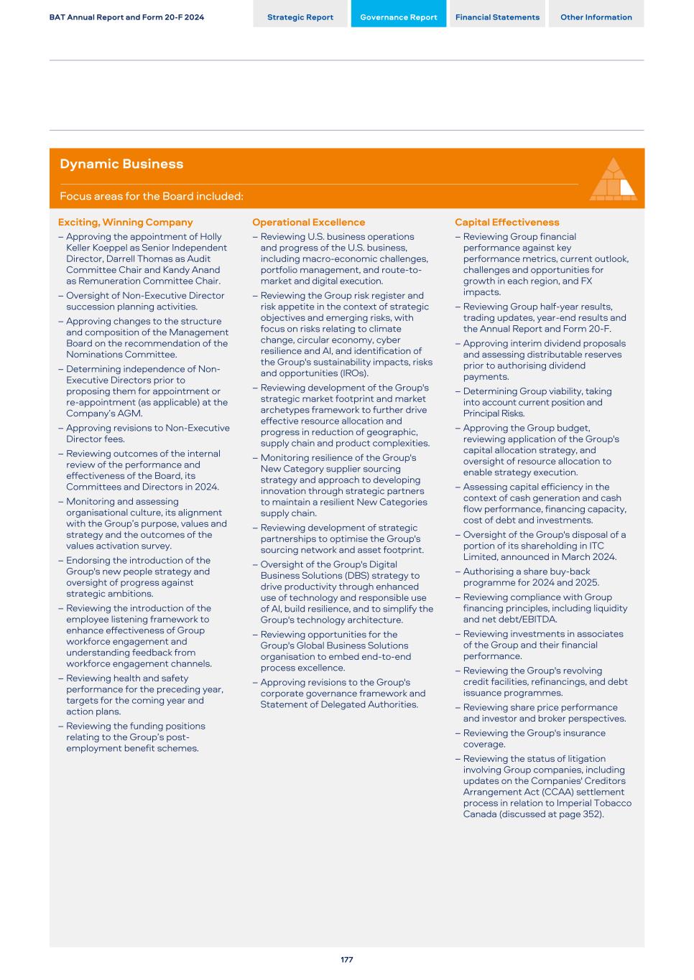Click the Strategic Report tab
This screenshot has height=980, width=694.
tap(300, 17)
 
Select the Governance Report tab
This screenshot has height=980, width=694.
tap(398, 17)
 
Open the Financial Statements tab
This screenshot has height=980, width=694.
tap(497, 17)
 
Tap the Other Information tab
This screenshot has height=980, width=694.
tap(596, 17)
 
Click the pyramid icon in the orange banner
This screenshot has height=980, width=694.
tap(613, 179)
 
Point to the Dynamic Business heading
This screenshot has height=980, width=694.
tap(121, 164)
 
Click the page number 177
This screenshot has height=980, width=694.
tap(347, 960)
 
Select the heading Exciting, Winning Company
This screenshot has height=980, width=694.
tap(126, 223)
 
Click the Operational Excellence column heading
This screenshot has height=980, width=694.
tap(308, 223)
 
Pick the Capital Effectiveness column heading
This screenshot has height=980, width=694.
tap(507, 223)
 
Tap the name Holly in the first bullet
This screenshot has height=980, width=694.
tap(210, 237)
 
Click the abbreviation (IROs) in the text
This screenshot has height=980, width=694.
tap(353, 373)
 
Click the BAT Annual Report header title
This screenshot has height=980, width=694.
tap(126, 17)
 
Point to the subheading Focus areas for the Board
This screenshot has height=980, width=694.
tap(152, 197)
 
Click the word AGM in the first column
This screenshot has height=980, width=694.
tap(152, 414)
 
